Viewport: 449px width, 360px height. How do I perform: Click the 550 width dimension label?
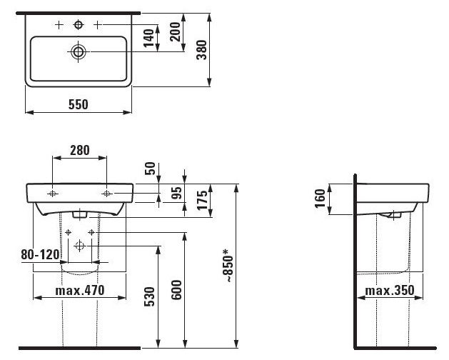tap(79, 104)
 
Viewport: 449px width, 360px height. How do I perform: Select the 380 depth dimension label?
tap(201, 50)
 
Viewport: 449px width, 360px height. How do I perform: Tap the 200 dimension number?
tap(175, 32)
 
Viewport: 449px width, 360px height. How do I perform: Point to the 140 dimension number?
tap(148, 38)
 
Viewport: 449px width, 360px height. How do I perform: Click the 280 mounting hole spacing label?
tap(80, 150)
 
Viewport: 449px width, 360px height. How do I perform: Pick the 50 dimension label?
tap(150, 169)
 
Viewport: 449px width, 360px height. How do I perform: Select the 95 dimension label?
tap(176, 193)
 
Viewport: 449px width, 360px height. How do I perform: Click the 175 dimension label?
tap(202, 200)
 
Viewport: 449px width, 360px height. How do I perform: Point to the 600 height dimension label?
tap(176, 290)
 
